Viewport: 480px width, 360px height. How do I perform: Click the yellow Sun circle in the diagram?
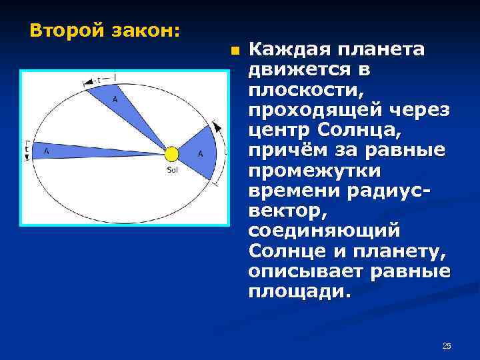click(172, 154)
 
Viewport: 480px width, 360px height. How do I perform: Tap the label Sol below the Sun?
click(172, 169)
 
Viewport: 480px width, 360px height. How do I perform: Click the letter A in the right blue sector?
click(200, 154)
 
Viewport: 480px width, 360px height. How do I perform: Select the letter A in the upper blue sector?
click(115, 99)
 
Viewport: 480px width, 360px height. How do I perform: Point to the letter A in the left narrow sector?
click(46, 151)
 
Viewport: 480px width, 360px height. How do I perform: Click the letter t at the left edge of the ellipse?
click(27, 150)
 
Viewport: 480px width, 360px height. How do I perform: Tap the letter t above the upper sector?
click(99, 80)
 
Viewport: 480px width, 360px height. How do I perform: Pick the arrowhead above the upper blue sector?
click(86, 84)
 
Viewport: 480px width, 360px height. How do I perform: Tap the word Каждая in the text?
click(289, 49)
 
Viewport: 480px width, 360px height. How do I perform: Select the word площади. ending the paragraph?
click(298, 293)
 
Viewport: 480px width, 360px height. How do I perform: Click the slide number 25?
click(447, 345)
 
